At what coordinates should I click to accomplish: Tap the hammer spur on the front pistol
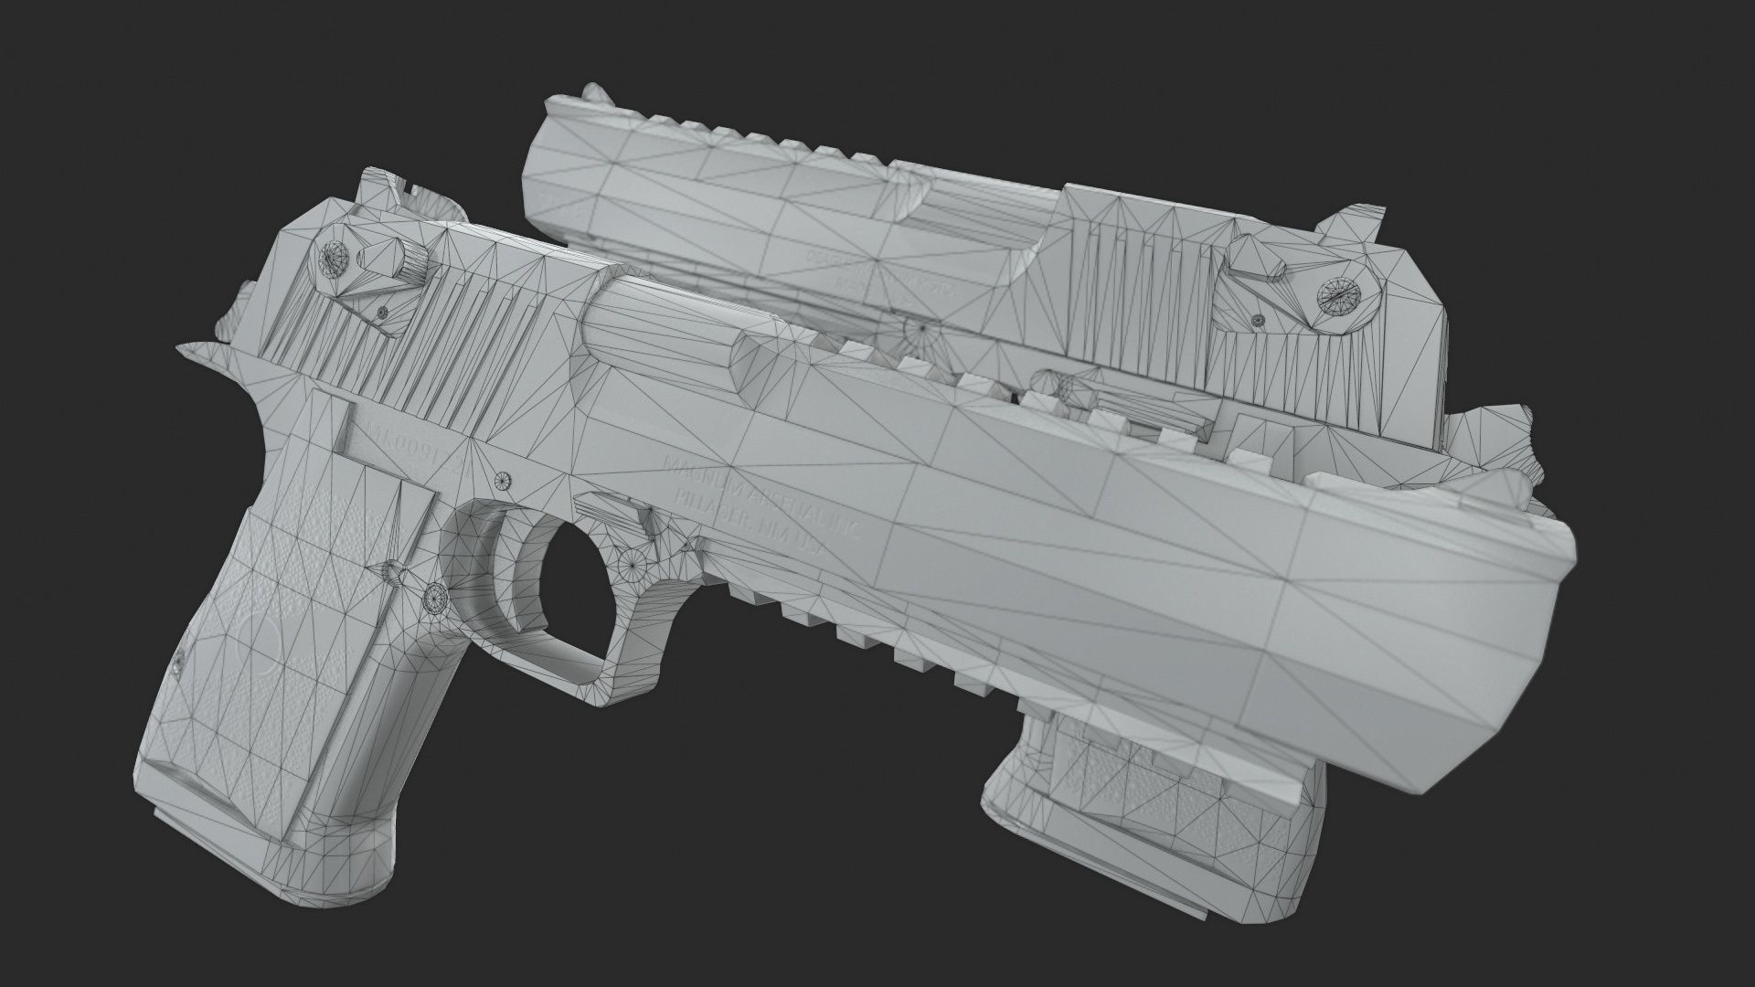point(203,352)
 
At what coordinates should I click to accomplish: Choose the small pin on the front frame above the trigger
point(501,479)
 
